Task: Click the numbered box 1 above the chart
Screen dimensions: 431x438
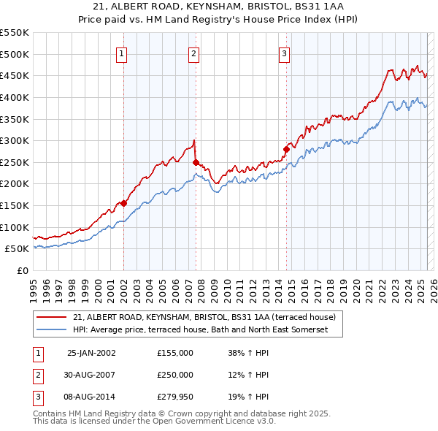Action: click(121, 53)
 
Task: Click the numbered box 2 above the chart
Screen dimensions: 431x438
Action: click(193, 53)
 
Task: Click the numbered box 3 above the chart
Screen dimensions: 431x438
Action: click(284, 53)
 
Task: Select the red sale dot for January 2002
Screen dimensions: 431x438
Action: click(124, 204)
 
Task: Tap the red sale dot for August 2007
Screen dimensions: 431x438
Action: click(196, 162)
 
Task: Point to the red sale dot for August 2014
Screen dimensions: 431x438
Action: click(286, 150)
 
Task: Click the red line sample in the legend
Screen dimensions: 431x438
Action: click(53, 318)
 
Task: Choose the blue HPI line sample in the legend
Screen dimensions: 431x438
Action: click(53, 329)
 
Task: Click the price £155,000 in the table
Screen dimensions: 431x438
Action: click(175, 353)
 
